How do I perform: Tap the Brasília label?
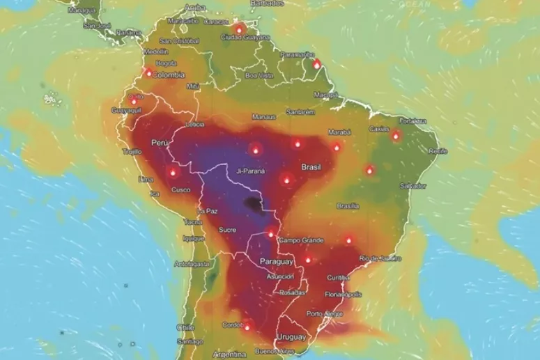click(x=347, y=206)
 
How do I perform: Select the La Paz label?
click(x=207, y=211)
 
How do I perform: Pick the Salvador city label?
click(x=412, y=186)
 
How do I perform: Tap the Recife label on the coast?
click(x=438, y=150)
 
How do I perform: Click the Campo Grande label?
click(x=301, y=241)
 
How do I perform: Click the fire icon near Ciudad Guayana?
click(x=239, y=29)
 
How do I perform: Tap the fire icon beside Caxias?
click(x=396, y=136)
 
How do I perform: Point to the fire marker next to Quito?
click(x=134, y=102)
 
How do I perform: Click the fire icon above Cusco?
click(x=173, y=171)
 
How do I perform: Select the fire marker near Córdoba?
click(x=247, y=324)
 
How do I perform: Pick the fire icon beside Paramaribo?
click(x=317, y=64)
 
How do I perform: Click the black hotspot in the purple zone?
click(x=252, y=203)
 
